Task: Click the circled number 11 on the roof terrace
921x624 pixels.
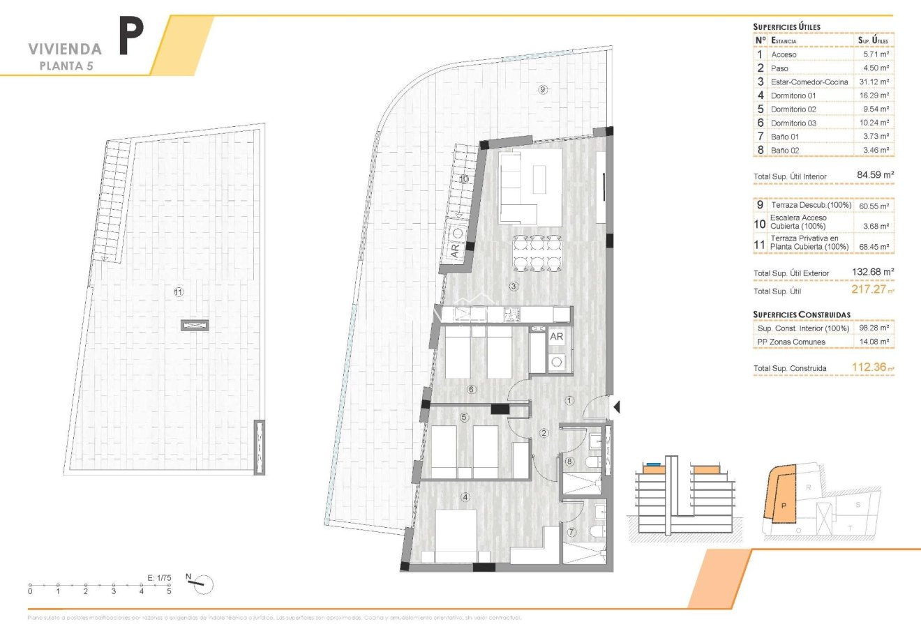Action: pos(178,294)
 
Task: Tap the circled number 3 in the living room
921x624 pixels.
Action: pos(514,286)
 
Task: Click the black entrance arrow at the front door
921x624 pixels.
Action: pos(615,406)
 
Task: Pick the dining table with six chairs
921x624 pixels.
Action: pos(537,253)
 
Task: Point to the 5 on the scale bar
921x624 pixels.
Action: pos(169,591)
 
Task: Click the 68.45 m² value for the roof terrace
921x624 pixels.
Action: pos(874,246)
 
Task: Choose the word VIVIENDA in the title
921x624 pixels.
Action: pos(65,49)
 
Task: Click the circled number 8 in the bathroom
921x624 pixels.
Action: pos(569,462)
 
